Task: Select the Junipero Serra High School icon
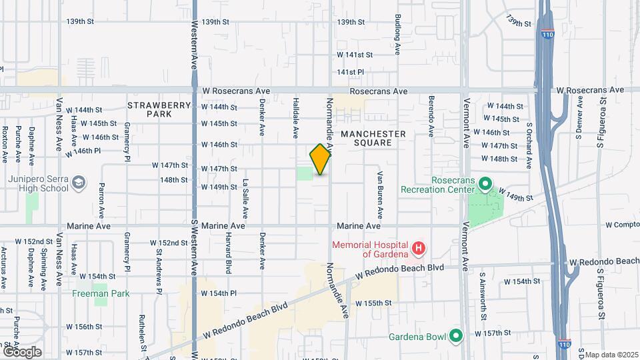[x=79, y=183]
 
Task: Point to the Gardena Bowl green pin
[x=456, y=335]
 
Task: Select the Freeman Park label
[x=101, y=293]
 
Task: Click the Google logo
[x=21, y=352]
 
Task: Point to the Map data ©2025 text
[x=610, y=355]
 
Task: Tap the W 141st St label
[x=354, y=55]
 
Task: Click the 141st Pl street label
[x=351, y=72]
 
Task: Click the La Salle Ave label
[x=245, y=199]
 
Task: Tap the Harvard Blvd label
[x=228, y=255]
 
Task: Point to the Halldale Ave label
[x=295, y=118]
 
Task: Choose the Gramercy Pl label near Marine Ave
[x=126, y=249]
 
